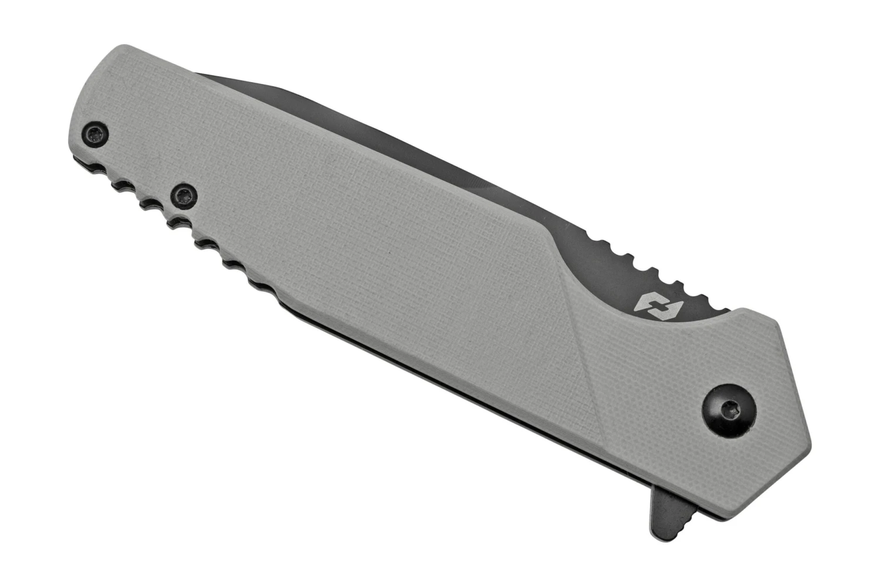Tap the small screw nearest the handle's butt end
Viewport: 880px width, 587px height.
click(x=95, y=134)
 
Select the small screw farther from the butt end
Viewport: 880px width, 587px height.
click(x=182, y=195)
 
